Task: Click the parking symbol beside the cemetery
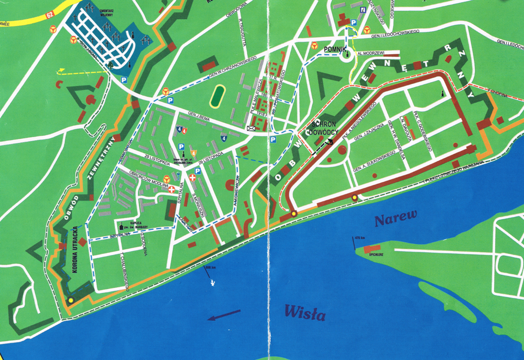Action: [x=123, y=79]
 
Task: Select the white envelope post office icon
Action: [x=251, y=128]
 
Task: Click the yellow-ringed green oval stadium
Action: [x=218, y=95]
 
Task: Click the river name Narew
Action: [x=395, y=220]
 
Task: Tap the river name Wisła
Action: [x=304, y=311]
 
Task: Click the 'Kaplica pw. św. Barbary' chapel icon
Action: [x=121, y=226]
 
